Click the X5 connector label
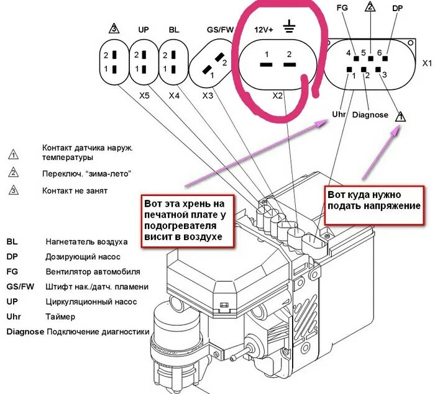(x=144, y=96)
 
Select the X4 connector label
(x=175, y=96)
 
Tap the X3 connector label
(x=208, y=96)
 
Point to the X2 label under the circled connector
(x=278, y=96)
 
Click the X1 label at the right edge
(x=427, y=63)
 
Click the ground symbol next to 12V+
(x=288, y=27)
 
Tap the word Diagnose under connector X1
(x=370, y=115)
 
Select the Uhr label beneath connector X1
(x=339, y=115)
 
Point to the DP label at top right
(x=398, y=9)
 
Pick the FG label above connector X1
(x=341, y=9)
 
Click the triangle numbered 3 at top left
(x=113, y=29)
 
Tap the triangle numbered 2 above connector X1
(x=370, y=7)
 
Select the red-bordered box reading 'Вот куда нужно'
(x=374, y=200)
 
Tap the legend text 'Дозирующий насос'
(x=82, y=256)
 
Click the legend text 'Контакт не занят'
(x=75, y=190)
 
